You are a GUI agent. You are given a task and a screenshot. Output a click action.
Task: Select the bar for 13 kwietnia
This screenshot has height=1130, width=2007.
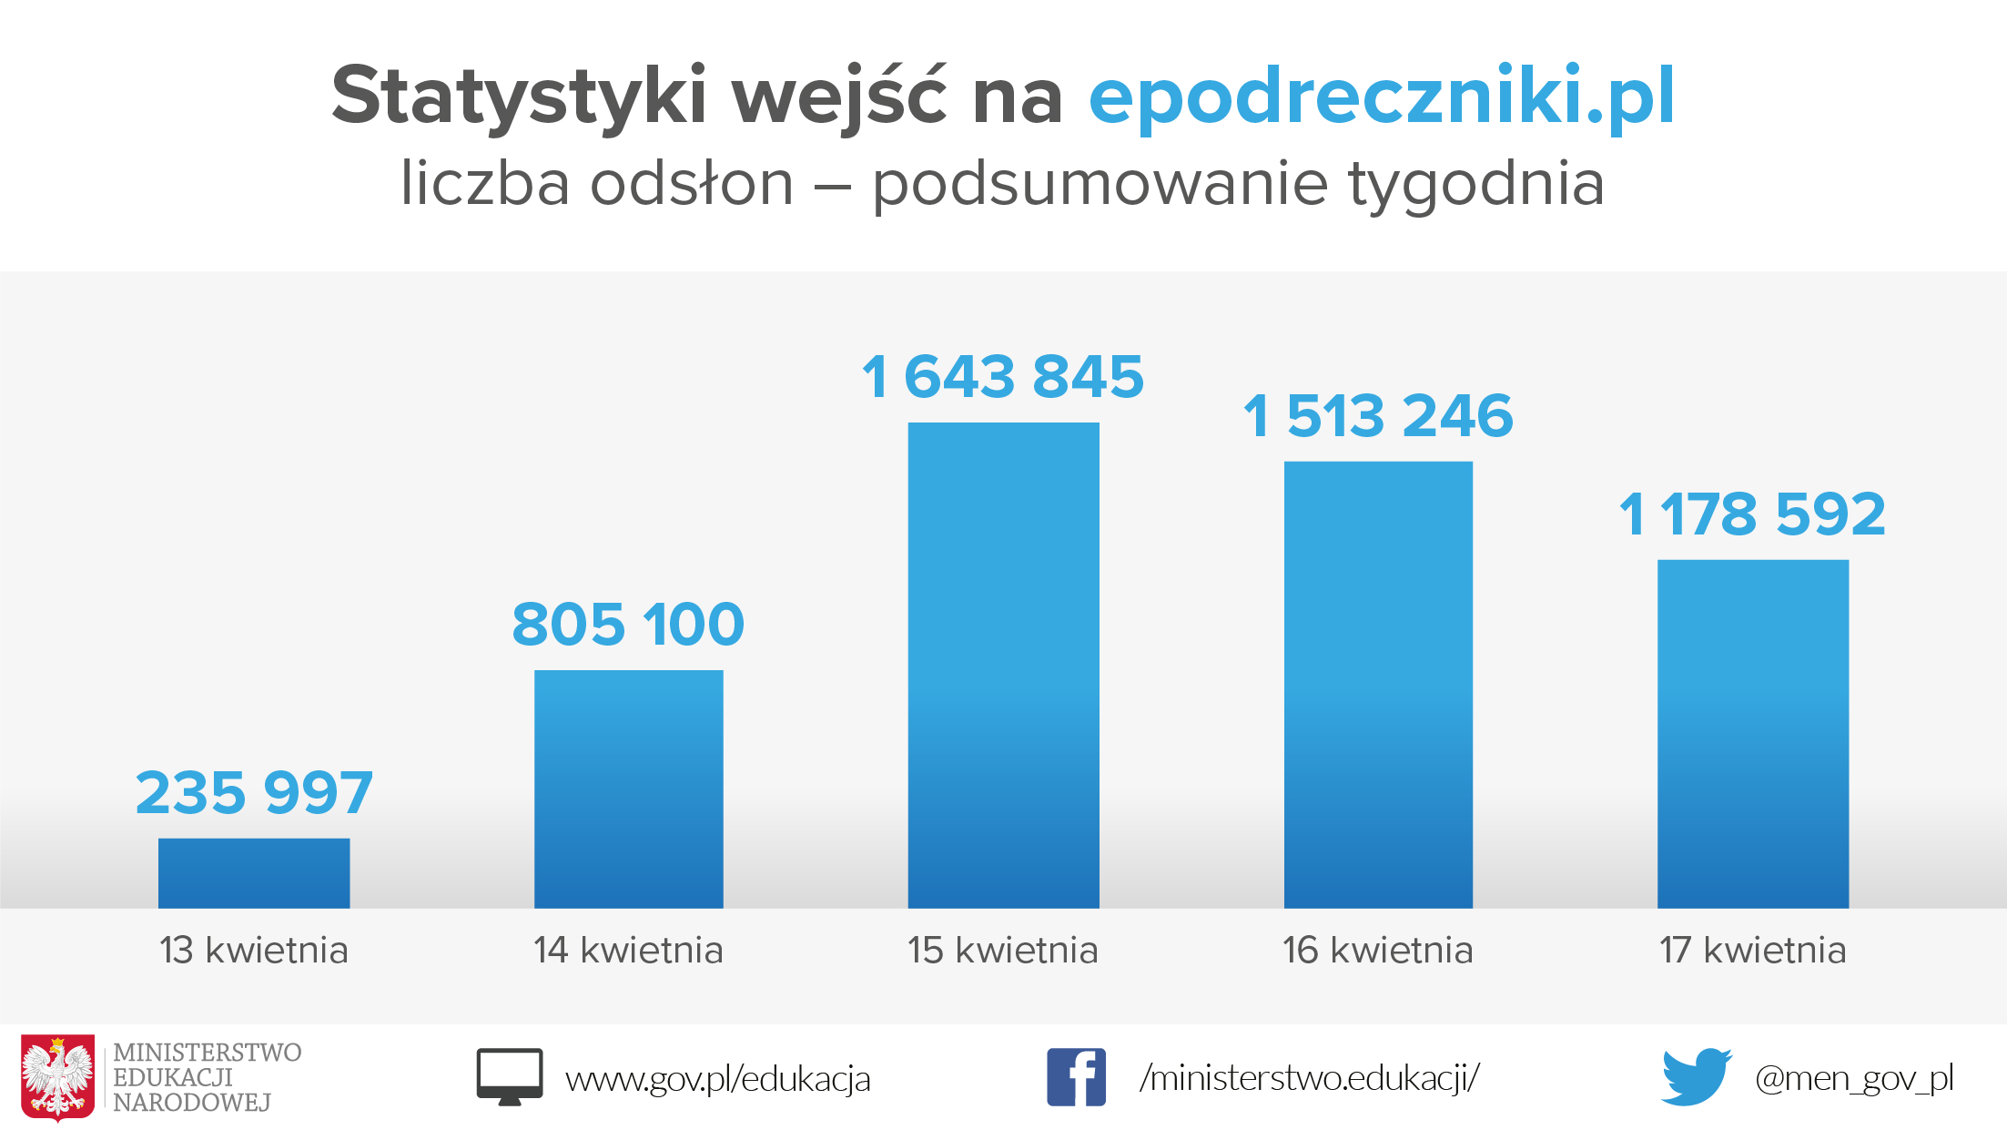(x=254, y=872)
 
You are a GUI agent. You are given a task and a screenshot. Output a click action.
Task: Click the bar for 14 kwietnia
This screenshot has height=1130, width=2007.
(x=628, y=789)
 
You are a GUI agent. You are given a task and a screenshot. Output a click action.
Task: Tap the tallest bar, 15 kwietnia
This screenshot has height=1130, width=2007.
(x=1003, y=665)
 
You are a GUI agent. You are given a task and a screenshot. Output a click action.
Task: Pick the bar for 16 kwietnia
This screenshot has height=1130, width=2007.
(x=1378, y=685)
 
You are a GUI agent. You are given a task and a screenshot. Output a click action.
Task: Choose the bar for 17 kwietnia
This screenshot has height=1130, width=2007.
(x=1753, y=734)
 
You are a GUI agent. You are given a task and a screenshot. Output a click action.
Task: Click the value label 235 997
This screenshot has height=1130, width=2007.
(x=254, y=792)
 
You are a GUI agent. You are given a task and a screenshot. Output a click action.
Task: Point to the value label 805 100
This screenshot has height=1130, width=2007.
(x=628, y=625)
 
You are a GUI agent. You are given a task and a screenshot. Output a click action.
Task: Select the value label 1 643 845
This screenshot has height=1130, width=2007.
(x=1003, y=376)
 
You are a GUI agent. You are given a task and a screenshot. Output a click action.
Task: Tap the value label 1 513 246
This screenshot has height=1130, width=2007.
(x=1378, y=416)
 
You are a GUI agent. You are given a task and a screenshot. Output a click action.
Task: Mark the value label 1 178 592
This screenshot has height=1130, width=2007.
(x=1752, y=514)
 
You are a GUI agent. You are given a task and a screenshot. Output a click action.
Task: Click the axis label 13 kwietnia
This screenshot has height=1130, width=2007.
(x=254, y=951)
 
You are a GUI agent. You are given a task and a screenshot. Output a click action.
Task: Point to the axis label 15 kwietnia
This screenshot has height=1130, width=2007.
(x=1003, y=951)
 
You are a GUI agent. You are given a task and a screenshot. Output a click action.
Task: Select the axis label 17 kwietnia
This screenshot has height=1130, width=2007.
(x=1753, y=951)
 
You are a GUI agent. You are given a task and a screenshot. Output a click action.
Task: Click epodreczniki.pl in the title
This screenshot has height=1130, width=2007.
(x=1382, y=97)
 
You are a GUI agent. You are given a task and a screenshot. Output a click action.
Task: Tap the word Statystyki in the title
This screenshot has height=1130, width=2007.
(x=519, y=97)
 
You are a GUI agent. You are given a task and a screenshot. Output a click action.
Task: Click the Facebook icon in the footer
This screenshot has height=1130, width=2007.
(x=1076, y=1077)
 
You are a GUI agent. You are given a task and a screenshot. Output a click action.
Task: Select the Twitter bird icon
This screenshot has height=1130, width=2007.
(x=1696, y=1077)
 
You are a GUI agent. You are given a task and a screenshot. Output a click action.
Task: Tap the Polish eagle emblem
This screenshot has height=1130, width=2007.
(x=58, y=1077)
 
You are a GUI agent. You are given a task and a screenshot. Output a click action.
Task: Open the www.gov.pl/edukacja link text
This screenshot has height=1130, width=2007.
(x=718, y=1079)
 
